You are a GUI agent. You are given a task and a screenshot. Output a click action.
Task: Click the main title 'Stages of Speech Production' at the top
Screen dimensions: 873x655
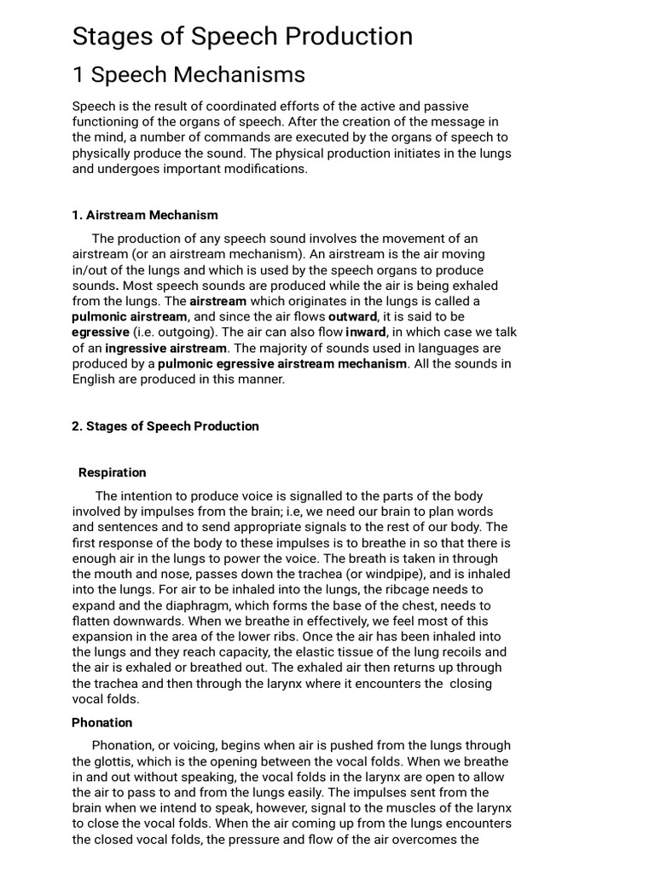(242, 36)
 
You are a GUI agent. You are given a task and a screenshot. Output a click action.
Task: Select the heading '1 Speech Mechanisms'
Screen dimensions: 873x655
(188, 75)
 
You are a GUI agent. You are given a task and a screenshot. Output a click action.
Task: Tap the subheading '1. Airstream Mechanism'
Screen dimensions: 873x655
(145, 215)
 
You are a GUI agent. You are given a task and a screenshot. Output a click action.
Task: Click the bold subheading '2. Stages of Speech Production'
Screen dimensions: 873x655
(165, 425)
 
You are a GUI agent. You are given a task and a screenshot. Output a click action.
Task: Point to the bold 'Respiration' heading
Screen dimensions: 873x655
(112, 472)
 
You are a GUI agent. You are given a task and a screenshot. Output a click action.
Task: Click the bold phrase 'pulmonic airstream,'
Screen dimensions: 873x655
(130, 316)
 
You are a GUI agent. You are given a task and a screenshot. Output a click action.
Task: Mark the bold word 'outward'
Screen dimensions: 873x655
(352, 316)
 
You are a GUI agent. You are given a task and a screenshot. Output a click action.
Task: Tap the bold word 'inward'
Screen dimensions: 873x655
(366, 332)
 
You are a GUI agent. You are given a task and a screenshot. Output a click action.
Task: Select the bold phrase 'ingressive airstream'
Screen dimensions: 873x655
(166, 348)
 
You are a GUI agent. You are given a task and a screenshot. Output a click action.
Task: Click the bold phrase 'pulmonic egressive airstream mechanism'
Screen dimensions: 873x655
(282, 363)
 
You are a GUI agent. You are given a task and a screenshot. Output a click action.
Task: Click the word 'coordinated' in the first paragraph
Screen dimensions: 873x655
(220, 106)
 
